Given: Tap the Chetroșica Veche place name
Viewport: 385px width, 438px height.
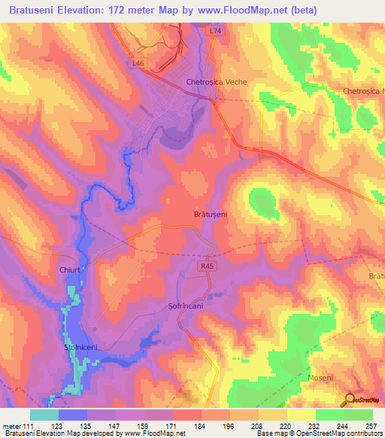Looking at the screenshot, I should pyautogui.click(x=217, y=82).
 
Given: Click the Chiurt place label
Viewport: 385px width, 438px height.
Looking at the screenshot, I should pyautogui.click(x=70, y=267).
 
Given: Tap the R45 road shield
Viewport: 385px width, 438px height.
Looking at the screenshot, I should pyautogui.click(x=208, y=266).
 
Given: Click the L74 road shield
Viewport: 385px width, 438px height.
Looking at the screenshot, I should pyautogui.click(x=216, y=31).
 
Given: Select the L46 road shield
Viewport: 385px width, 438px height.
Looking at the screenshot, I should pyautogui.click(x=138, y=63).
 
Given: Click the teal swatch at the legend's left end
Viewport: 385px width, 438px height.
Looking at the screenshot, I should pyautogui.click(x=44, y=415).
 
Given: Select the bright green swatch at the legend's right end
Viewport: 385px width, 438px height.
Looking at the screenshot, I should pyautogui.click(x=359, y=415).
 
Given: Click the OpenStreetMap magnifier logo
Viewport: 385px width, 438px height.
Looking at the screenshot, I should pyautogui.click(x=350, y=401).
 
